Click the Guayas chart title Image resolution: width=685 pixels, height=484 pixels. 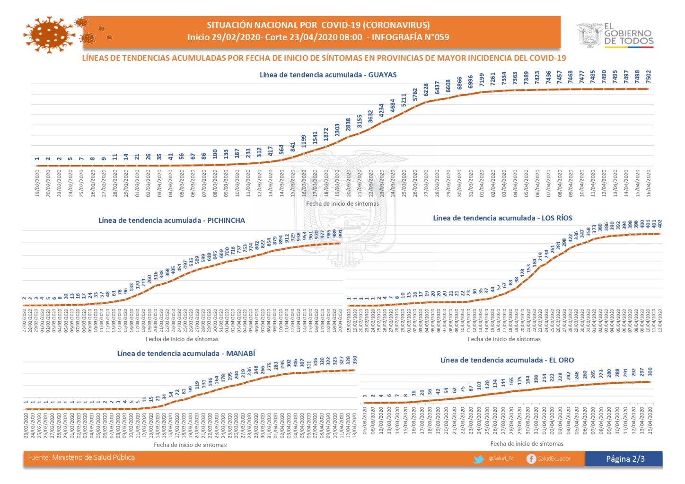point(328,75)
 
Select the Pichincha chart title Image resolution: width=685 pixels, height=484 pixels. point(172,220)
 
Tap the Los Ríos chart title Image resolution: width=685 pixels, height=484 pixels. point(502,218)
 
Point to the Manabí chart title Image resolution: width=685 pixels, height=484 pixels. point(186,353)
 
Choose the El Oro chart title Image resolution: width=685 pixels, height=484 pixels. point(507,360)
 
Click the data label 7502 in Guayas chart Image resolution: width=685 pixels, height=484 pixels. point(649,76)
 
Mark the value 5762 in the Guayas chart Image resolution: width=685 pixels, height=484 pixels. point(415,95)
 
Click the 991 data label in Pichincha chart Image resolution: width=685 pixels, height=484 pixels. point(340,233)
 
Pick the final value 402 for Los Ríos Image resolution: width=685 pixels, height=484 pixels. point(660,223)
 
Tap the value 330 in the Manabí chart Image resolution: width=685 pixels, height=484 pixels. point(354,360)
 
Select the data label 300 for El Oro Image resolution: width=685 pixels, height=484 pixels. point(650,372)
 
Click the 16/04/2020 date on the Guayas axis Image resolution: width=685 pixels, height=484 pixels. point(649,184)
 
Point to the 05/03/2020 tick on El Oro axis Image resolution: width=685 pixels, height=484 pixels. point(365,420)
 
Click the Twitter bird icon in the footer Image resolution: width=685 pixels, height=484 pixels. point(479,459)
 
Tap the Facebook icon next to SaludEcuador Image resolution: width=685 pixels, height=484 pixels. point(531,459)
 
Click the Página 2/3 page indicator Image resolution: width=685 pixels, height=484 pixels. point(625,459)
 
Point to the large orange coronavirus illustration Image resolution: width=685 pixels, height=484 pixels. point(49,35)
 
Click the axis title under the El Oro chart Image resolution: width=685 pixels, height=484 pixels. point(527,444)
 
